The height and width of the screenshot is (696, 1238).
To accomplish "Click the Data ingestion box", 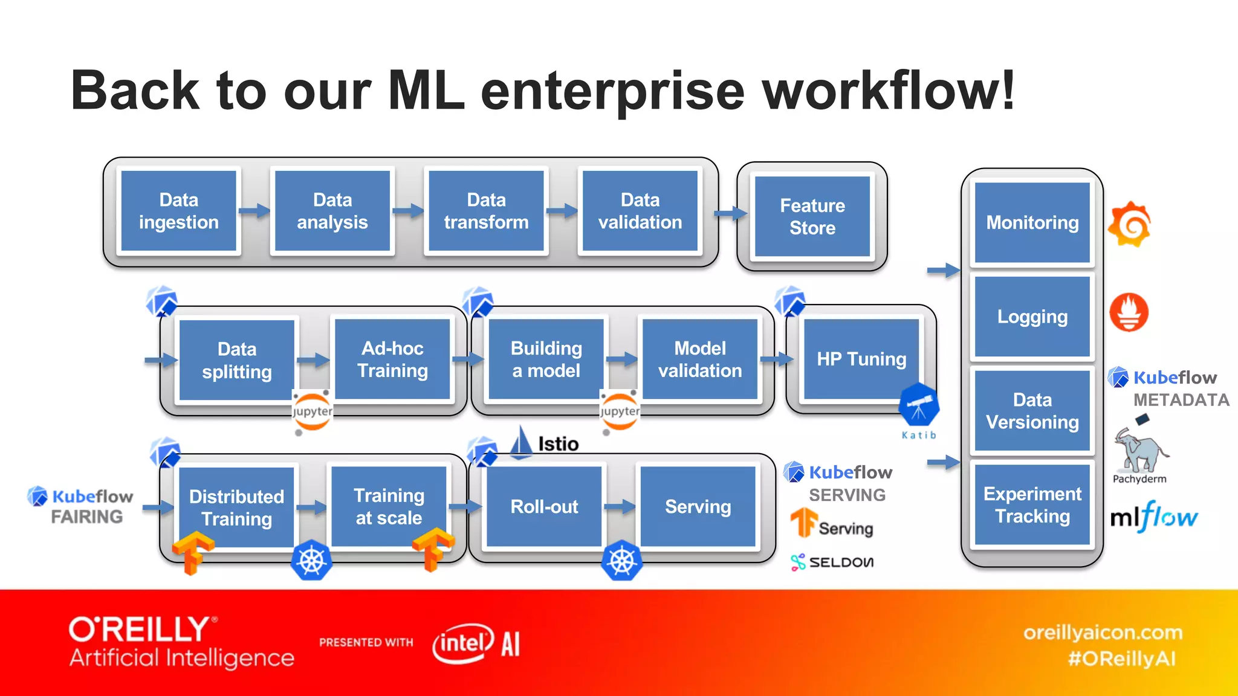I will point(178,211).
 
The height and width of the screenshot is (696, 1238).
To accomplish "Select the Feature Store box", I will point(812,217).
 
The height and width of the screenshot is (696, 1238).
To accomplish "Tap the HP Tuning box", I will point(861,359).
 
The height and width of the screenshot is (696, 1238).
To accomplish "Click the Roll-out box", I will point(544,506).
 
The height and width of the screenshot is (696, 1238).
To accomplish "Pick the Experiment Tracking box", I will point(1032,505).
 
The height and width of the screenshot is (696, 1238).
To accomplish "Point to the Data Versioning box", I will point(1032,411).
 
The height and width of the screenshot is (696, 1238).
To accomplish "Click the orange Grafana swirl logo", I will point(1129,225).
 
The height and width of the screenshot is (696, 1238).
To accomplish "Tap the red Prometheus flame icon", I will point(1129,312).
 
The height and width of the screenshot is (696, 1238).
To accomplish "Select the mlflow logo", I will point(1153,517).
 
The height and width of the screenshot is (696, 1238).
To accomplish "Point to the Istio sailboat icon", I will point(521,442).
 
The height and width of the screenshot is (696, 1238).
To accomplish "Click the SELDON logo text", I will point(840,562).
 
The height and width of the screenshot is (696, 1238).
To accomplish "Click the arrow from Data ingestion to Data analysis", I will point(254,211).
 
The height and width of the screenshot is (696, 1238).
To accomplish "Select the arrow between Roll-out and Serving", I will point(620,506).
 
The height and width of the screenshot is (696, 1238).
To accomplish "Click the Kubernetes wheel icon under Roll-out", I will point(621,561).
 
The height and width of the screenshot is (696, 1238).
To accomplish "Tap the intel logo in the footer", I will point(462,643).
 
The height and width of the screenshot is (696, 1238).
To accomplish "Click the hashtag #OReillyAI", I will point(1121,659).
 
